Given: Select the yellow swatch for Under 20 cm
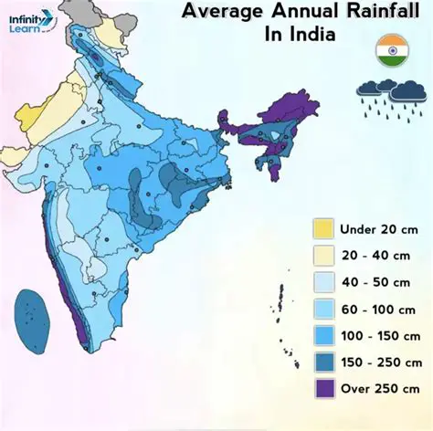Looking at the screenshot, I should click(322, 227).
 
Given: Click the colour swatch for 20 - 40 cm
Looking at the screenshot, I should click(322, 255).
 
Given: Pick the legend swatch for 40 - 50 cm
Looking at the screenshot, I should click(322, 281).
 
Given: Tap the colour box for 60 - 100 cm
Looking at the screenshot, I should click(322, 308).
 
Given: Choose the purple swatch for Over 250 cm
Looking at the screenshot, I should click(322, 387).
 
